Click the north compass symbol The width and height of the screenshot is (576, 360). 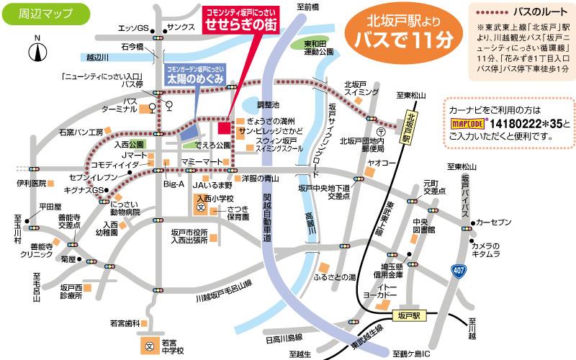[x=37, y=52]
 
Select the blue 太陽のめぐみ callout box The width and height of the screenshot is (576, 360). [x=194, y=74]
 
